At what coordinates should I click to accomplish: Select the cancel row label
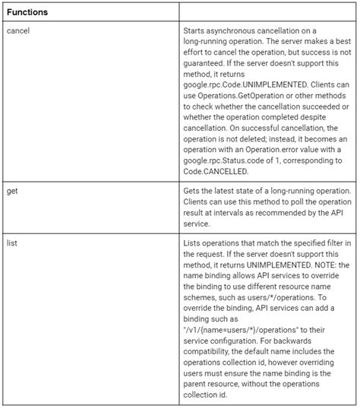tap(20, 30)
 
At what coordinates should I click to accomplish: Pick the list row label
tap(13, 242)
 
